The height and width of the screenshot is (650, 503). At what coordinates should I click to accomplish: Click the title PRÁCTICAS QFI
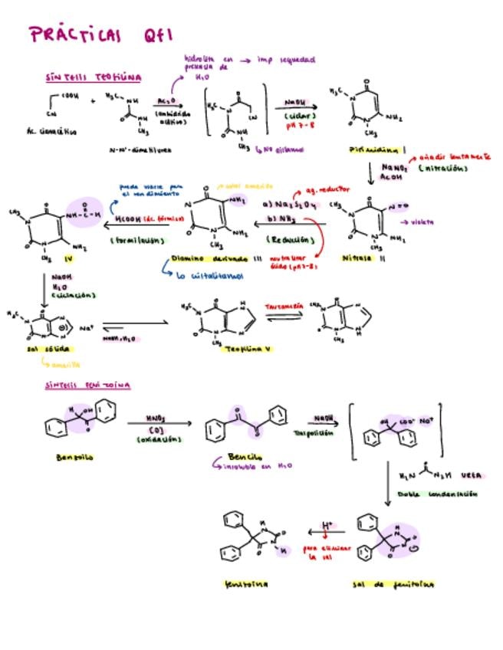[100, 34]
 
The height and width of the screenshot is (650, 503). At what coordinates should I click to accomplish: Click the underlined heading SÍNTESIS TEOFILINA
[93, 78]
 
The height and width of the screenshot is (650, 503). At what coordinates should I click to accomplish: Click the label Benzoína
[74, 458]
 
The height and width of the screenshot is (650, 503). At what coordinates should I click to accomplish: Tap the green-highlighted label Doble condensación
[439, 494]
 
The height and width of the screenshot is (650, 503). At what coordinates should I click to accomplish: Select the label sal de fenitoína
[393, 584]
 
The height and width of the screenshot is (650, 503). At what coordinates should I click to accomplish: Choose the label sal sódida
[42, 350]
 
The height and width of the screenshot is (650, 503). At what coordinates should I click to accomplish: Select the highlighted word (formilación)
[138, 240]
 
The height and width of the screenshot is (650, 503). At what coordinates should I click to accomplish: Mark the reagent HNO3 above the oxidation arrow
[156, 419]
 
